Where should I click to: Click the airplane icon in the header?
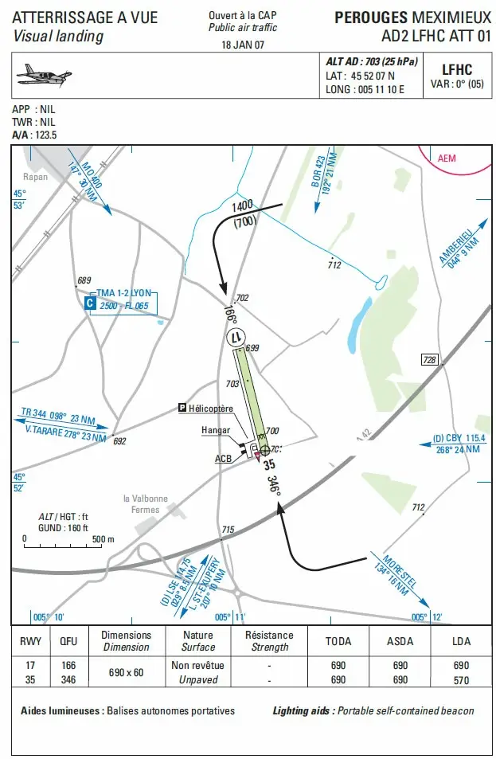[x=44, y=75]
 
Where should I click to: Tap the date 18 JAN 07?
[x=243, y=45]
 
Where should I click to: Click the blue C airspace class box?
[x=90, y=303]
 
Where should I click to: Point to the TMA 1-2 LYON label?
[x=123, y=294]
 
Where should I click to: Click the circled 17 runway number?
[x=236, y=337]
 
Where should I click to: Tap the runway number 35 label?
[x=268, y=465]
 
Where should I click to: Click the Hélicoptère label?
[x=211, y=409]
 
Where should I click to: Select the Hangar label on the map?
[x=216, y=430]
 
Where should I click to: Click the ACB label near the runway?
[x=223, y=459]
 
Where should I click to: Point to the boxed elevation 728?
[x=430, y=360]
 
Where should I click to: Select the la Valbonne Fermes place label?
[x=141, y=504]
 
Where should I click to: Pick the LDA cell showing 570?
[x=461, y=679]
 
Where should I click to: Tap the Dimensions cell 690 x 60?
[x=126, y=672]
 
